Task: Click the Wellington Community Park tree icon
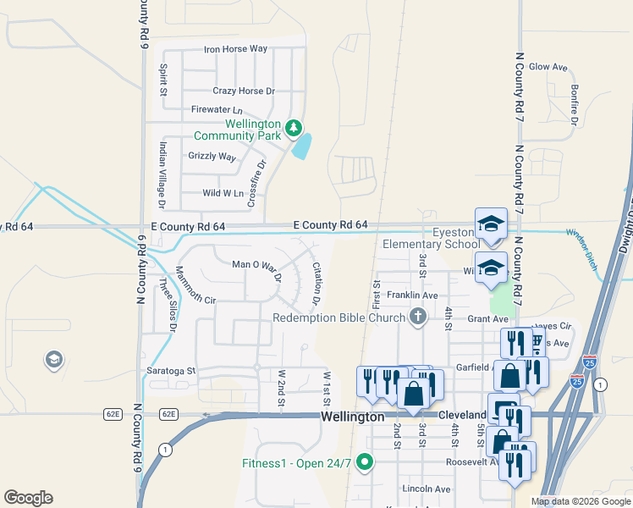pyautogui.click(x=294, y=128)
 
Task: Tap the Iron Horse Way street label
pyautogui.click(x=236, y=49)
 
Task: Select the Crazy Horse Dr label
pyautogui.click(x=244, y=91)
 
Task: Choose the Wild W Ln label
pyautogui.click(x=223, y=193)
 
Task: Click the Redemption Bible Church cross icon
pyautogui.click(x=416, y=317)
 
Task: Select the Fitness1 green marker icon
pyautogui.click(x=365, y=461)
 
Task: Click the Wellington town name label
pyautogui.click(x=353, y=417)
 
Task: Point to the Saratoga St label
pyautogui.click(x=173, y=371)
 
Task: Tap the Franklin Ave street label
pyautogui.click(x=411, y=295)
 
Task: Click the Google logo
pyautogui.click(x=28, y=498)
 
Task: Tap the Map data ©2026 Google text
pyautogui.click(x=580, y=501)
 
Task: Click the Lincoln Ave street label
pyautogui.click(x=427, y=489)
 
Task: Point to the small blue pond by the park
pyautogui.click(x=300, y=146)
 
